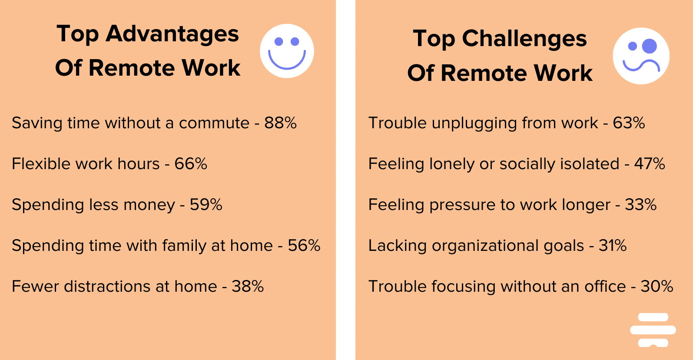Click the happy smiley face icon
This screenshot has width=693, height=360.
(287, 51)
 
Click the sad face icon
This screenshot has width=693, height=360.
(641, 56)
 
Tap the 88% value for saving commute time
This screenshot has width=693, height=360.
(280, 123)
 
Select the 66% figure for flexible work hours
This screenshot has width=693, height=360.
(191, 164)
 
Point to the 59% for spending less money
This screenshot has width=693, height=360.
(206, 205)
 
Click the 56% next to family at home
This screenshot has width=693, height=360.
(304, 246)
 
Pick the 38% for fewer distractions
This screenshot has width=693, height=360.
(248, 287)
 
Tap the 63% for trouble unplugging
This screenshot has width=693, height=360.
(629, 123)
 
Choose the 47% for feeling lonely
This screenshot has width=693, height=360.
(650, 164)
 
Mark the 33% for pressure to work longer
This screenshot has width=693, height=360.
(640, 205)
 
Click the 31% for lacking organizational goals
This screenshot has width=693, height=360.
(613, 246)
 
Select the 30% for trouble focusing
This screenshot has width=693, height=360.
(657, 287)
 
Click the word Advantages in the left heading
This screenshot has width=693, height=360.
(172, 34)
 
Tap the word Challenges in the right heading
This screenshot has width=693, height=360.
(524, 39)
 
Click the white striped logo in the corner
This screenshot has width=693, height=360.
(653, 330)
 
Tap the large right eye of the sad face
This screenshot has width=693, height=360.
(650, 46)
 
